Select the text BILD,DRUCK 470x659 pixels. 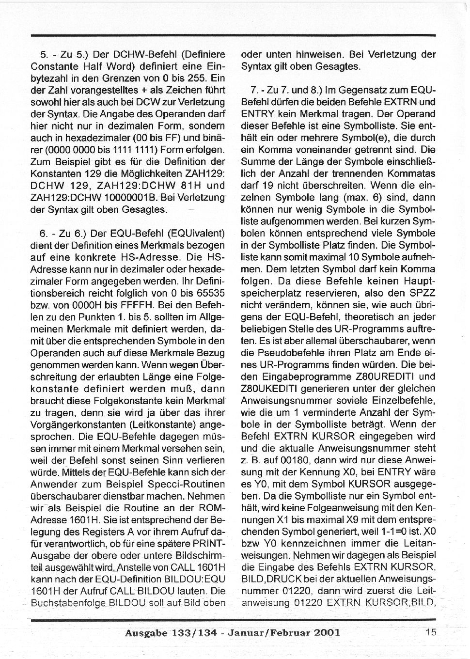pyautogui.click(x=276, y=579)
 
